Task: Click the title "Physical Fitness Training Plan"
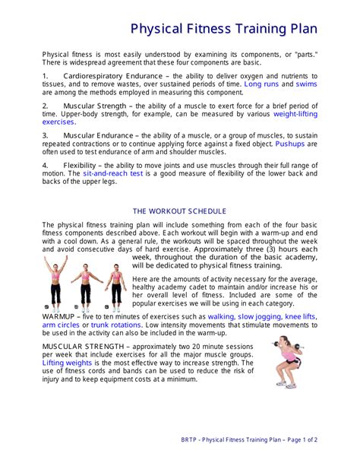[223, 29]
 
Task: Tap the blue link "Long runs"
[261, 84]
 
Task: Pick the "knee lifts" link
[300, 315]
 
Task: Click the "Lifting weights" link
[70, 363]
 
